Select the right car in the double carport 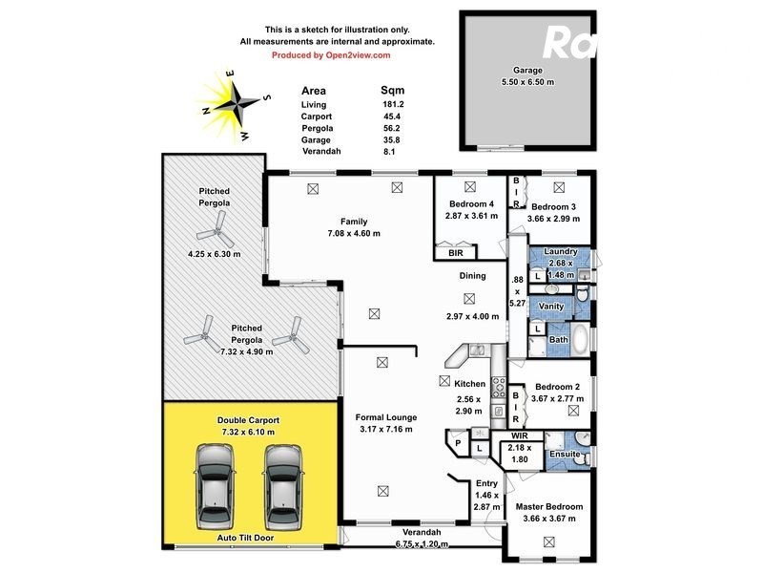click(283, 486)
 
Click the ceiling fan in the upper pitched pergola click(212, 229)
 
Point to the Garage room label click(527, 71)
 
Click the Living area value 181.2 click(392, 104)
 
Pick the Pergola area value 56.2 click(392, 127)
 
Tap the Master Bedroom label click(548, 507)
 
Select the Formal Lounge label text click(383, 417)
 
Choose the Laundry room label click(560, 252)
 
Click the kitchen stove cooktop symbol click(497, 387)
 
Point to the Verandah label click(420, 532)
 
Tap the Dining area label click(472, 276)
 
